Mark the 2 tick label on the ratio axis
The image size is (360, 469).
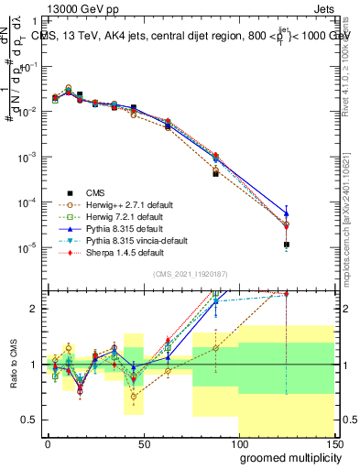pos(36,309)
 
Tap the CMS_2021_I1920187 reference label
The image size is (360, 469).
pos(189,274)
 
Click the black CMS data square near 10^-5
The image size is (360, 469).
pos(287,245)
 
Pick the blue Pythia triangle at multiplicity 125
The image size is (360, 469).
pos(287,213)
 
